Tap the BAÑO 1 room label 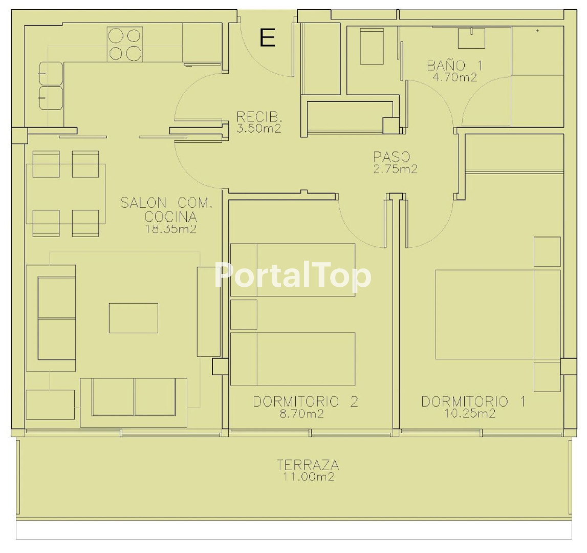pos(455,66)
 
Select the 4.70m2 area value pos(455,77)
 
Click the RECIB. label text pos(259,117)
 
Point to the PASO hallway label pos(392,157)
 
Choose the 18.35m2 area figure pos(171,228)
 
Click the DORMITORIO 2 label pos(306,401)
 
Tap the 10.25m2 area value pos(470,413)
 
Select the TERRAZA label pos(308,465)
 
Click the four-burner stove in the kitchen pos(125,44)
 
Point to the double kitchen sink pos(51,86)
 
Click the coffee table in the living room pos(133,318)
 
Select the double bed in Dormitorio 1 pos(498,314)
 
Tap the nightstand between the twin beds pos(244,314)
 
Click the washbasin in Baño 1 pos(472,38)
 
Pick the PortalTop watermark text pos(293,276)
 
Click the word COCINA pos(171,217)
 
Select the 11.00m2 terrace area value pos(309,477)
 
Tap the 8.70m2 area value pos(302,414)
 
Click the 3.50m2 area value pos(259,129)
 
